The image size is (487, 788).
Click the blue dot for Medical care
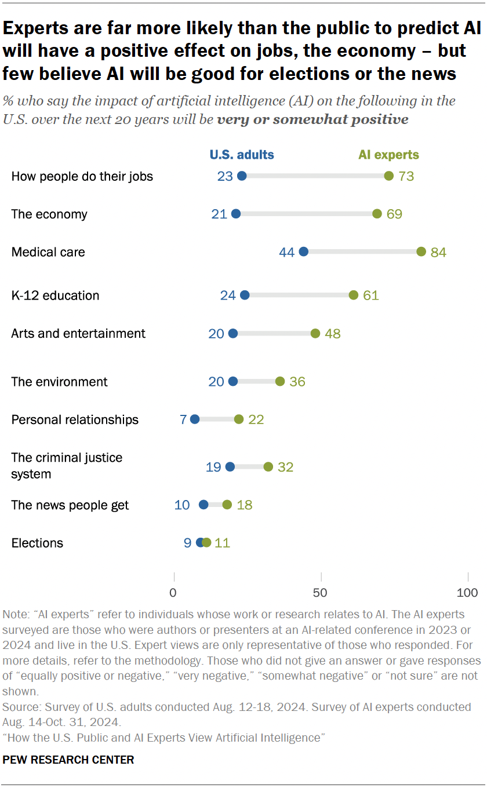coord(303,252)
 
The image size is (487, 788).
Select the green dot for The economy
coord(377,214)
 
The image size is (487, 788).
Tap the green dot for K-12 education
coord(354,295)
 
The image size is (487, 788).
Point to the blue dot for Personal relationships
coord(195,419)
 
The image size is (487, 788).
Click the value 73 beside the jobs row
coord(406,176)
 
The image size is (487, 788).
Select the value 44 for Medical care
coord(287,252)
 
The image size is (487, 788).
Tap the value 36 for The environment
coord(297,382)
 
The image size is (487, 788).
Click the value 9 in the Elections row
coord(187,543)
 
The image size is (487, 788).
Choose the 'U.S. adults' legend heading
coord(242,155)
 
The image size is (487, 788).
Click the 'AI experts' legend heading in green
coord(388,155)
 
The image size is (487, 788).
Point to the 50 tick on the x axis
coord(320,593)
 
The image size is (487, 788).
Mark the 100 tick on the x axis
coord(467,593)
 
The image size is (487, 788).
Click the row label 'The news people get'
coord(70,505)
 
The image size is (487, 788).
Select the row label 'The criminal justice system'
coord(67,466)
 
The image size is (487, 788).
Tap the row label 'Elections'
coord(37,543)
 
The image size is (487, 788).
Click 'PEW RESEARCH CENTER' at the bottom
coord(68,759)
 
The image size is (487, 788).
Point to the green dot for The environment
coord(280,381)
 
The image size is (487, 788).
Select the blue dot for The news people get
coord(203,505)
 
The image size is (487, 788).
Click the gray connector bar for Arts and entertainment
coord(274,334)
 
